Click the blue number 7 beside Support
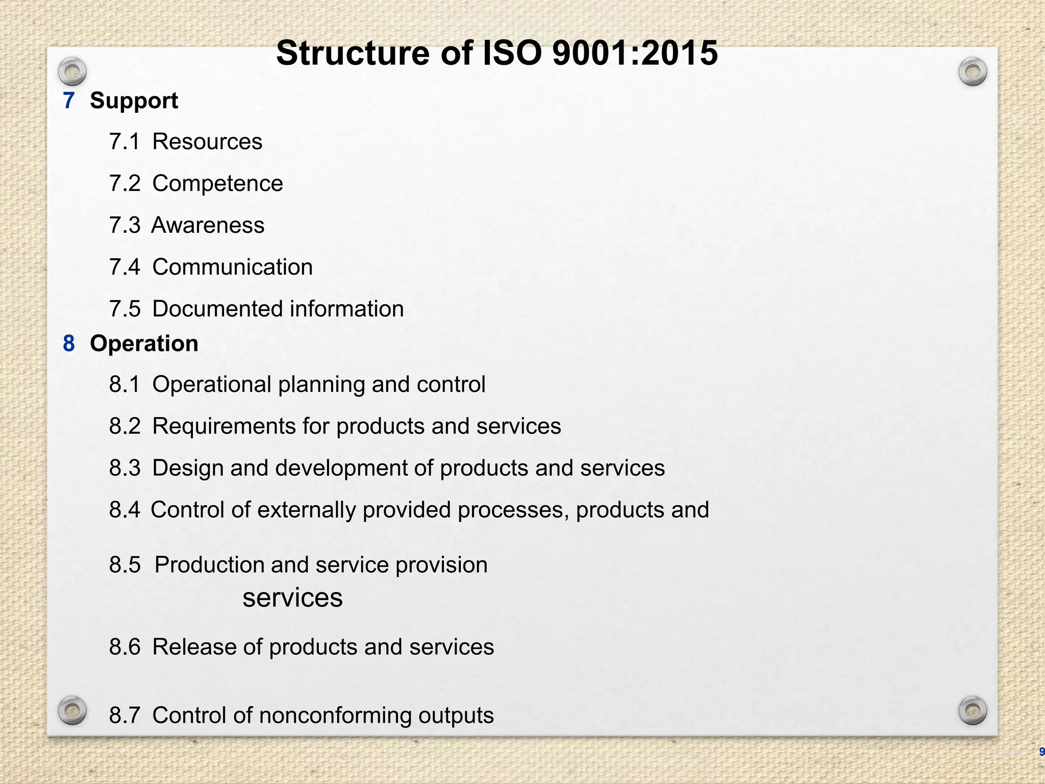click(69, 101)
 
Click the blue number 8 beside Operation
click(69, 344)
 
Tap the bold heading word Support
click(134, 101)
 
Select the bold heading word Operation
click(144, 344)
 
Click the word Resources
click(207, 141)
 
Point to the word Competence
click(217, 183)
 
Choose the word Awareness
click(208, 225)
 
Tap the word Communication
click(233, 267)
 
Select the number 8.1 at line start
click(125, 384)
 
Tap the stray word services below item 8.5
click(292, 598)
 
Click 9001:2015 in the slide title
click(635, 53)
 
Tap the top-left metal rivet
click(72, 71)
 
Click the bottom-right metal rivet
click(973, 710)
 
